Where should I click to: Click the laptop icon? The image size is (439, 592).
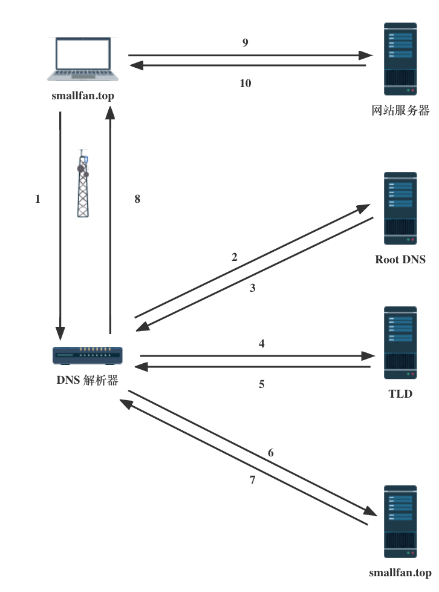83,59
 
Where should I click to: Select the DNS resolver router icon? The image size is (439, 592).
88,356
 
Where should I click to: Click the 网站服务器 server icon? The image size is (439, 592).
400,59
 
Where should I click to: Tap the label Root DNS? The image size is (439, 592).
400,260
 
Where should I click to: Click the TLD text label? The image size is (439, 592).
400,394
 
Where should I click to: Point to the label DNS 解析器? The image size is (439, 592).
87,381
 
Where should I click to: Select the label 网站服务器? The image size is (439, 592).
400,111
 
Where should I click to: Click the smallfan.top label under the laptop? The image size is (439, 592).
83,96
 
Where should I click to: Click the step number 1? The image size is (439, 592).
38,199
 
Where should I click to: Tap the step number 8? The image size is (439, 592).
137,199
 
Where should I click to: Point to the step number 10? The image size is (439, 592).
245,84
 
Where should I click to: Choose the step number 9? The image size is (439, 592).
245,42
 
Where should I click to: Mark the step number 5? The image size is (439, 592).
262,384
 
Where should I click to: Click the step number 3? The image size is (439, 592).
253,288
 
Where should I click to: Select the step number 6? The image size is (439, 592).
271,453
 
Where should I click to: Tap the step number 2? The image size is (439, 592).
235,257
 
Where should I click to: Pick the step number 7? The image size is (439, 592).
253,480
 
